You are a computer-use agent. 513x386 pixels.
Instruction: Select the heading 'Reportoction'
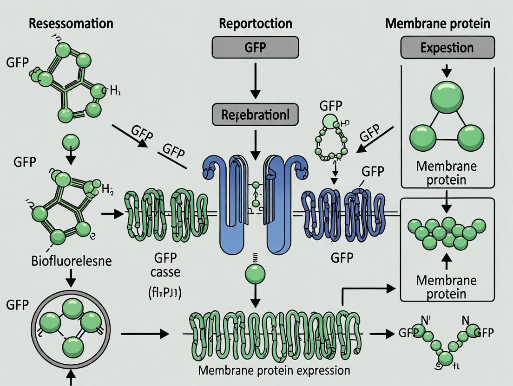(x=256, y=24)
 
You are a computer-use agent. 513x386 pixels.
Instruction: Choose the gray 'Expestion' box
(x=447, y=48)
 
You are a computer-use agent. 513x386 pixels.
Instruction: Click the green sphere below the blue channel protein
(x=255, y=272)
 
